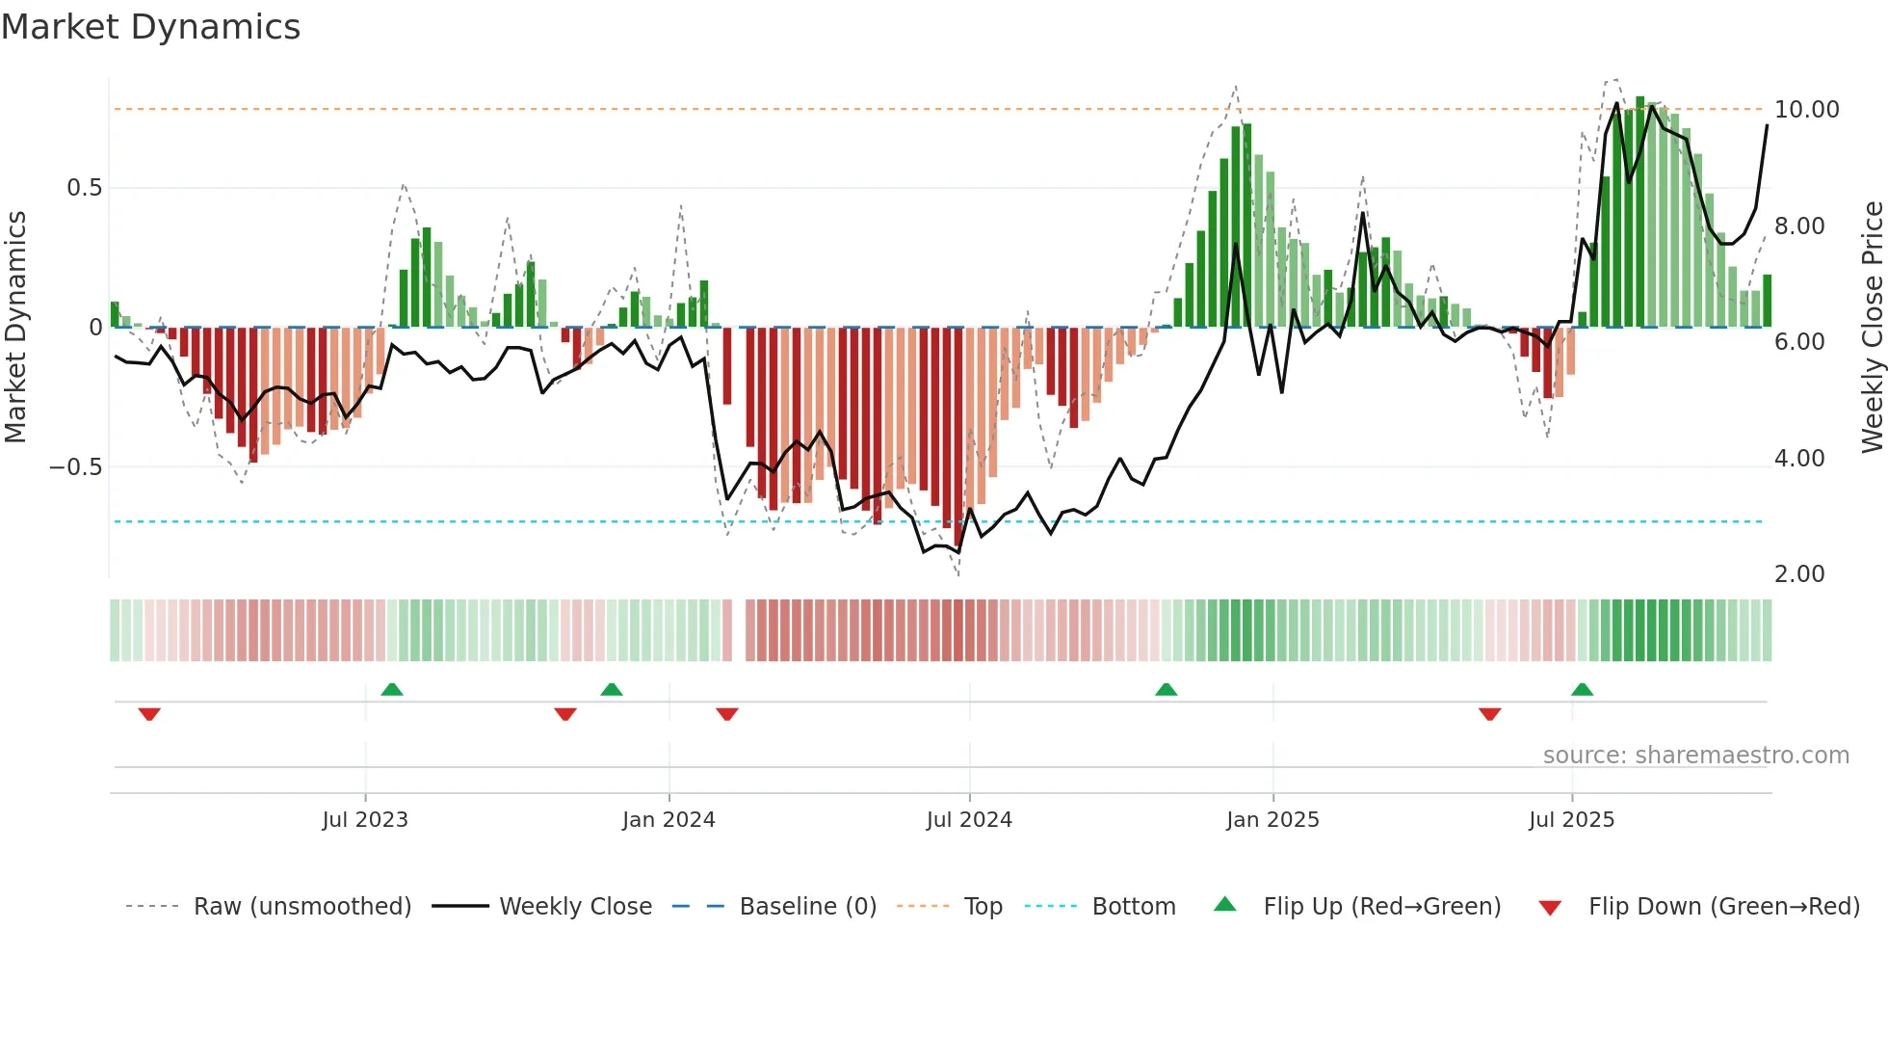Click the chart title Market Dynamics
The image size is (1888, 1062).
click(x=150, y=27)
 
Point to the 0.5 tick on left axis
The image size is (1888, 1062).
click(x=84, y=188)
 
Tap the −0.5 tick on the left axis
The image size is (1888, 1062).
click(x=75, y=467)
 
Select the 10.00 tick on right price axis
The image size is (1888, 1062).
click(x=1806, y=110)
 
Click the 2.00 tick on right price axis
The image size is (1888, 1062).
click(x=1798, y=574)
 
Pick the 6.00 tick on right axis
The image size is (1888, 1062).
click(x=1798, y=342)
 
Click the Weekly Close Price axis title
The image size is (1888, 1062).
click(x=1872, y=327)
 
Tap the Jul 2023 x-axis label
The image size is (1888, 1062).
click(x=365, y=820)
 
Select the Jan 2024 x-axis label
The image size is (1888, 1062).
click(x=669, y=820)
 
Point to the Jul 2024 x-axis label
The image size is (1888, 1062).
click(x=969, y=820)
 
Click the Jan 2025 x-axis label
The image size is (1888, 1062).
click(x=1272, y=820)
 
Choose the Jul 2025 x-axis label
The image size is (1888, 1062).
click(x=1571, y=820)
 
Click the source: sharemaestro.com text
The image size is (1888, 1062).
click(x=1695, y=756)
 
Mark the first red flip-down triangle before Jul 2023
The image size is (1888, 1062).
click(x=149, y=714)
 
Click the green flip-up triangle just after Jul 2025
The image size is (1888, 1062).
click(x=1582, y=689)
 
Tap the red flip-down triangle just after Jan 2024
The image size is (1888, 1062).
click(x=727, y=714)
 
